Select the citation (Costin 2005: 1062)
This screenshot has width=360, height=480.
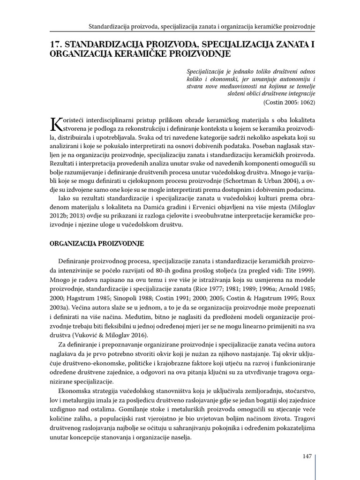point(289,102)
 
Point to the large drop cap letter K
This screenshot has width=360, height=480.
point(56,124)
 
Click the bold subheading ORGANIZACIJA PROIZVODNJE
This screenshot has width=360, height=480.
point(97,244)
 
